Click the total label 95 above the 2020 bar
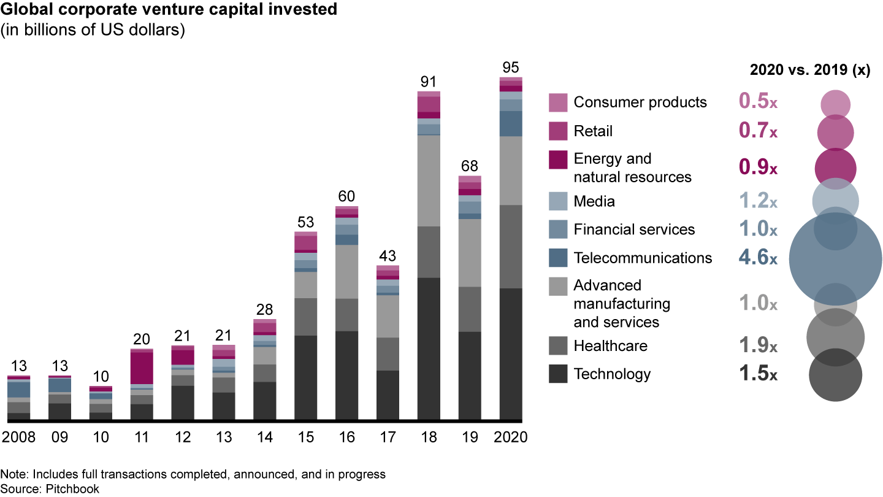511,67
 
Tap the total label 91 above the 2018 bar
429,82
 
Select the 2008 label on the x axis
18,437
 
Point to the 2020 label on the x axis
511,437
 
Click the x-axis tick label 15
305,437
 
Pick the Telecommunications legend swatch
558,258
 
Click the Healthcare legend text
610,346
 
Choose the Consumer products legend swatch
558,102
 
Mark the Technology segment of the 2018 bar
429,349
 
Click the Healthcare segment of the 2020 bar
511,246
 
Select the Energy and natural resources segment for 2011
142,368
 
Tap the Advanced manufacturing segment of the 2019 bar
470,252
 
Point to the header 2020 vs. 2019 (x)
809,71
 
